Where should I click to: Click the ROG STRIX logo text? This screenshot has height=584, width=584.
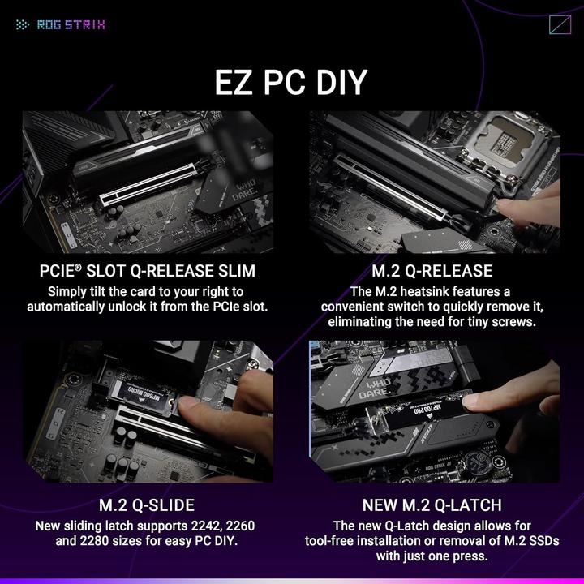pos(71,24)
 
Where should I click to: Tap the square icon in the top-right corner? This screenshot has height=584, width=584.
pos(560,24)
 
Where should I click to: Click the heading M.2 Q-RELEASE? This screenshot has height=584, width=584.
pos(431,271)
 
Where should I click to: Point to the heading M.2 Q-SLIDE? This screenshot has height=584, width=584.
pos(147,505)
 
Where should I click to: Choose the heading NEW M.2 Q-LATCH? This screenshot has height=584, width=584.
pos(432,505)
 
